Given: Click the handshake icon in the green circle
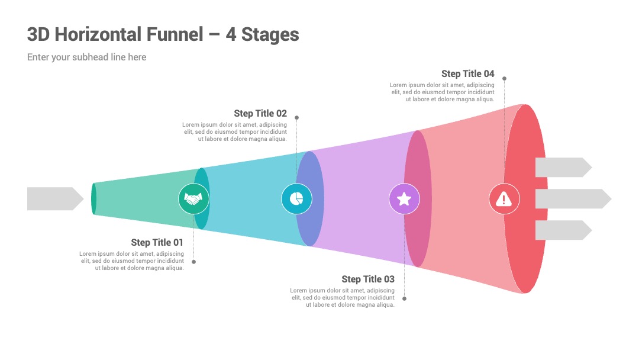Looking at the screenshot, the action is point(193,199).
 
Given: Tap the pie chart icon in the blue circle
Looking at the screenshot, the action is point(296,199).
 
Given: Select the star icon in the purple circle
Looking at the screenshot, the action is point(404,199).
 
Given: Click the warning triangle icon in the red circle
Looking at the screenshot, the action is point(504,198).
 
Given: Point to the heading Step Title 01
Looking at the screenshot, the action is point(157,243).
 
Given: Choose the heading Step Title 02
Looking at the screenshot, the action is point(260,113).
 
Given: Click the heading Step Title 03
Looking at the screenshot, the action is point(368,279).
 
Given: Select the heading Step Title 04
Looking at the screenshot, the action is point(468,74).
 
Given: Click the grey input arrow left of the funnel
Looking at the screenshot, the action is point(56,199).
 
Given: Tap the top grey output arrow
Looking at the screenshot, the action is point(564,167).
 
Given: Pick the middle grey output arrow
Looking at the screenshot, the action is point(573,199).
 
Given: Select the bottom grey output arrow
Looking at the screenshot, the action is point(564,230).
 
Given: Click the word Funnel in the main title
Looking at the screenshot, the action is point(175,34).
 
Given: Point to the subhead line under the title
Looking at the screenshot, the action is point(87,57).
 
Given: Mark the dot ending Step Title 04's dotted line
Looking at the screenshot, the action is point(504,78).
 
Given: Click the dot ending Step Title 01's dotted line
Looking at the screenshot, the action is point(193,262).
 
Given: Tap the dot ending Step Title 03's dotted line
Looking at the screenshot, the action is point(404,298).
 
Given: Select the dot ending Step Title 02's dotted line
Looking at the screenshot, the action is point(296,117).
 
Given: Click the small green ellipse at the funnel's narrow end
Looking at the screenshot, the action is point(93,199).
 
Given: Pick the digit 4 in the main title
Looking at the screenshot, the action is point(231,35).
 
